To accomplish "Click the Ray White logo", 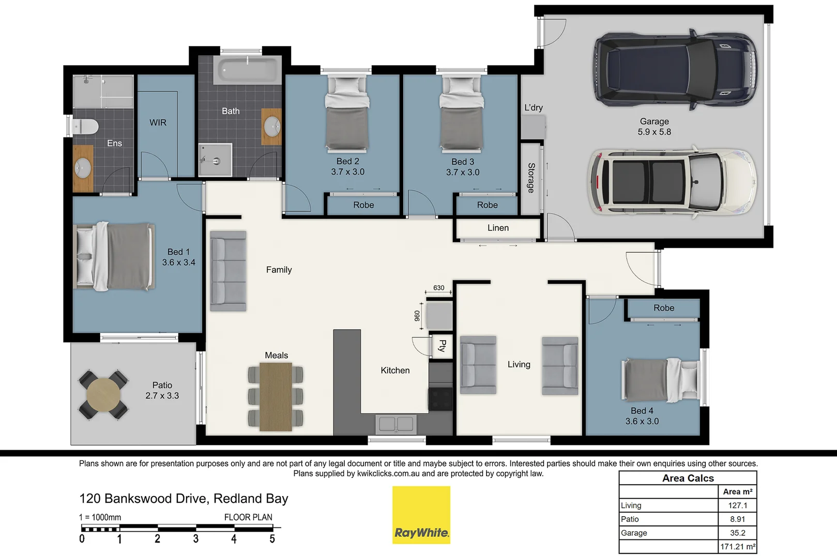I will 421,515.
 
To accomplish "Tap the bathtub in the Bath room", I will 247,69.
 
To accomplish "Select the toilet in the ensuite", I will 86,126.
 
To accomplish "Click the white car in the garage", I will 672,181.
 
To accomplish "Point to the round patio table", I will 103,395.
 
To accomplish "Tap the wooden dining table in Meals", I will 276,396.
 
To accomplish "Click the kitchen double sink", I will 396,424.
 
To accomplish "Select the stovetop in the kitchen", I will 440,399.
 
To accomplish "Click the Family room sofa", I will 228,271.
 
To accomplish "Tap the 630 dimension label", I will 438,288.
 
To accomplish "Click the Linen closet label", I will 498,228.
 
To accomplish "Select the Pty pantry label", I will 442,346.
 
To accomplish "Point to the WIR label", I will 158,122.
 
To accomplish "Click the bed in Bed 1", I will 114,256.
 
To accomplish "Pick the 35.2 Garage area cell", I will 737,533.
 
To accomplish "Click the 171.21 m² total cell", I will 737,547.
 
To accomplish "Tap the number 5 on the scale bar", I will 272,539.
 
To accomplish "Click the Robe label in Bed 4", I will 663,308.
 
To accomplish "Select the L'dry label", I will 534,107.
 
